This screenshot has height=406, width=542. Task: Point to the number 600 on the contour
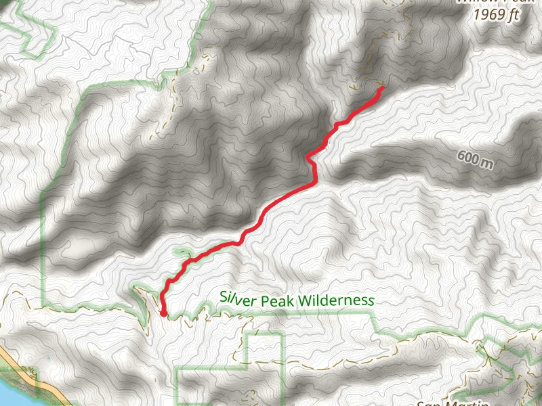point(469,158)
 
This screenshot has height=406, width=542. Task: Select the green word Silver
point(234,298)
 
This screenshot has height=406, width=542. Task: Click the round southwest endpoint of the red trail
point(164,313)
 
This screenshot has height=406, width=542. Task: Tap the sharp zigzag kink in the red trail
point(308,159)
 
